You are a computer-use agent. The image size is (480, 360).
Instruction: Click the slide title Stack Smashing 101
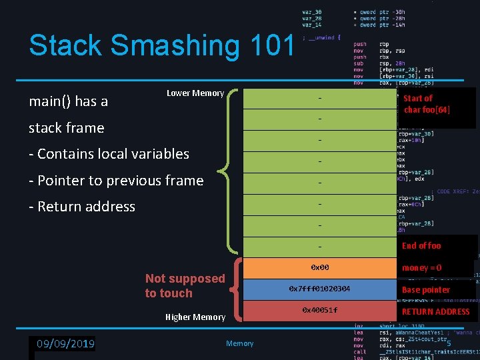(161, 46)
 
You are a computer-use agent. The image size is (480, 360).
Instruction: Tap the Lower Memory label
(195, 93)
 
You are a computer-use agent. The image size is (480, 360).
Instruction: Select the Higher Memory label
(195, 317)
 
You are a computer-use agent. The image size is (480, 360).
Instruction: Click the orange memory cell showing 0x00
(319, 268)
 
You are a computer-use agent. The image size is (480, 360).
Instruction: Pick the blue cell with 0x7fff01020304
(319, 289)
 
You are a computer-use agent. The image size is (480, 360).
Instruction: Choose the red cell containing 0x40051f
(319, 311)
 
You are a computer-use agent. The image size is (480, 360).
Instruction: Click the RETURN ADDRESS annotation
(436, 311)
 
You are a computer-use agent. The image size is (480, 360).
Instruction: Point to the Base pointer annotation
(425, 290)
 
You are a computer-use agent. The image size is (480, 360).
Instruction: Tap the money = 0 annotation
(421, 268)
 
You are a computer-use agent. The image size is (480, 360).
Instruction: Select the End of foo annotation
(421, 246)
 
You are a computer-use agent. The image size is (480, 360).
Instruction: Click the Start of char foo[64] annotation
(427, 104)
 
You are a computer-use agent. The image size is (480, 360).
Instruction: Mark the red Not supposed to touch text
(185, 286)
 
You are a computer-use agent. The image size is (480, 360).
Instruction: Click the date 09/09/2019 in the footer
(65, 344)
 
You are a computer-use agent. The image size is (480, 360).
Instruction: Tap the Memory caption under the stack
(239, 343)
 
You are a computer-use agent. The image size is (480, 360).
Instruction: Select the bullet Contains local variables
(109, 154)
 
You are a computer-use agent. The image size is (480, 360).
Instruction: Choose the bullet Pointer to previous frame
(116, 181)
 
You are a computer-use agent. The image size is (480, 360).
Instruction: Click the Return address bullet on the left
(82, 207)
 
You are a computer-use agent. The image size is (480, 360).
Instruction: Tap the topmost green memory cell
(319, 99)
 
